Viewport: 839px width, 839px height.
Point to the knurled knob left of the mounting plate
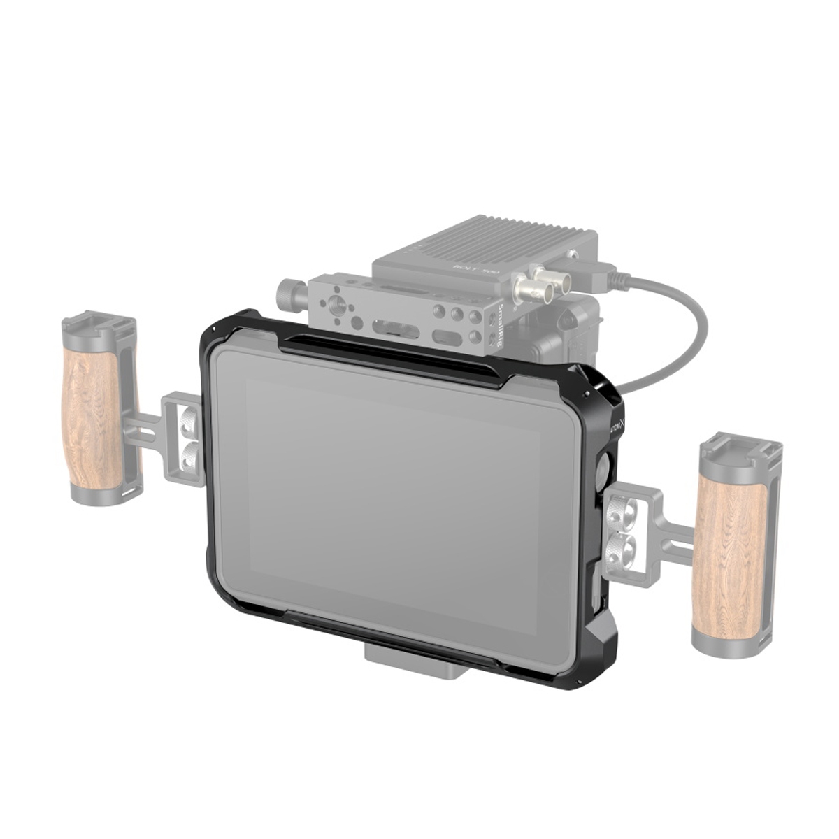coord(287,288)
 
